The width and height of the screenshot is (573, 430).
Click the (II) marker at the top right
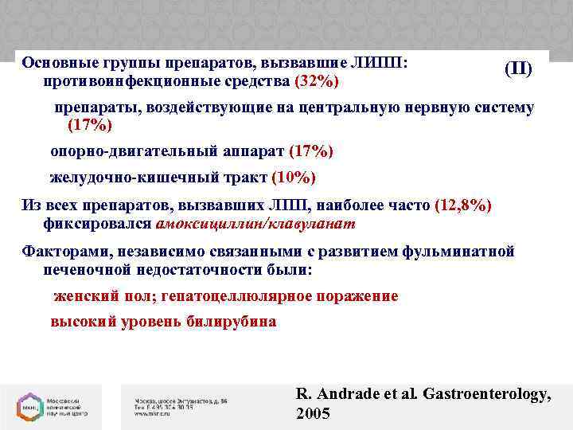518,69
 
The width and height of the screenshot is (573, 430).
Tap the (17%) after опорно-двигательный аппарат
311,151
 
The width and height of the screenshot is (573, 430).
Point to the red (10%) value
294,178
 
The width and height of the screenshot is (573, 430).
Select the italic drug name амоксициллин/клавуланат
256,224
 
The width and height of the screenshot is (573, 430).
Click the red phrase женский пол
103,296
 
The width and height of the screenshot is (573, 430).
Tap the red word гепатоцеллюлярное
238,296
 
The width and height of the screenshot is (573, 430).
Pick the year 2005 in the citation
311,414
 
